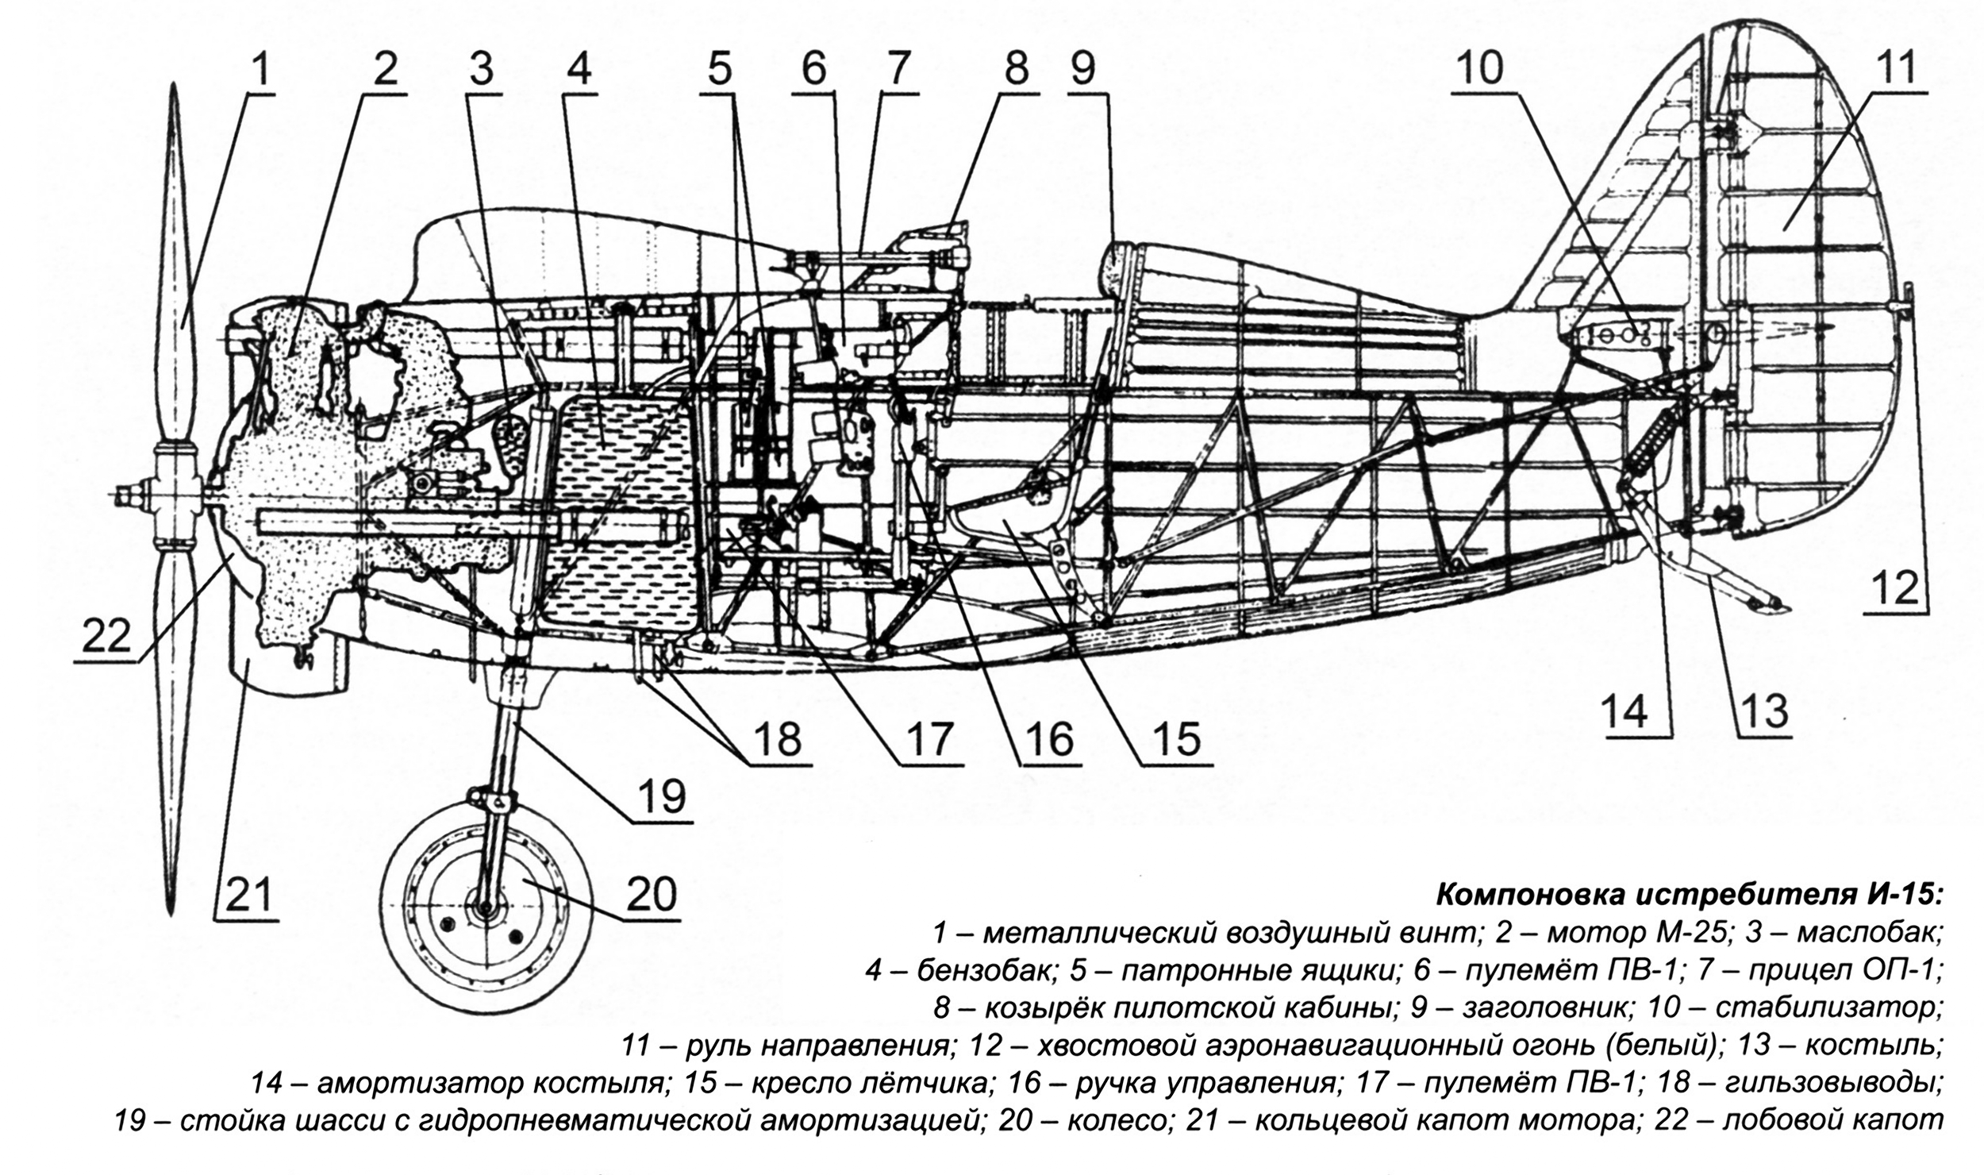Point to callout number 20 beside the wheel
[x=652, y=895]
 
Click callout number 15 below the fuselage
[x=1178, y=740]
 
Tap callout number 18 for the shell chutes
[x=779, y=740]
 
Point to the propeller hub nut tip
[x=119, y=495]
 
